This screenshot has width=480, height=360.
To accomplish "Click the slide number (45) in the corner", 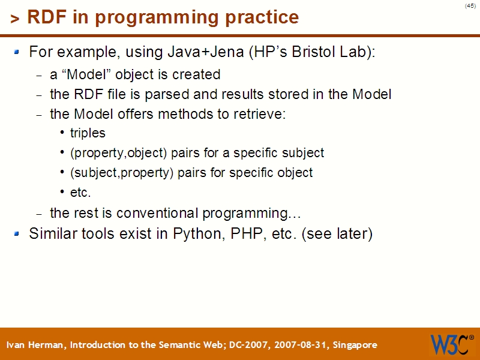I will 470,5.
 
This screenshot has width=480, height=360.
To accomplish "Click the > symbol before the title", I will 14,19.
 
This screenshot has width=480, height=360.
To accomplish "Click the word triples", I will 88,133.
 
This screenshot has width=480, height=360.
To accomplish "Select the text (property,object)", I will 119,153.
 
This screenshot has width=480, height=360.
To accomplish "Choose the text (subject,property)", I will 119,173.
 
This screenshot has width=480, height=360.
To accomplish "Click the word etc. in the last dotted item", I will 80,193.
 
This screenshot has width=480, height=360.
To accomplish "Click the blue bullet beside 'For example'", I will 17,52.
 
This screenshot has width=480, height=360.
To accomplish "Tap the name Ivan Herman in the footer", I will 36,345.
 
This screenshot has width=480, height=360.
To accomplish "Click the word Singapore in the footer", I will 355,345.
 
